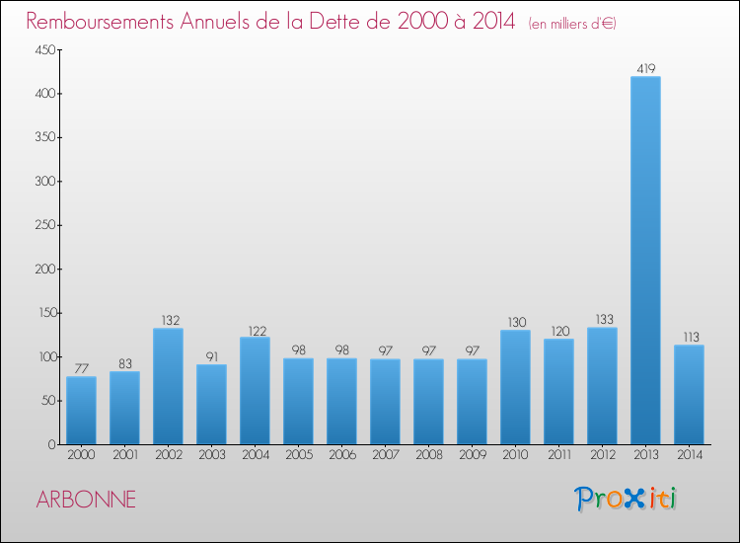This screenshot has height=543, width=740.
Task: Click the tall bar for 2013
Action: pos(645,261)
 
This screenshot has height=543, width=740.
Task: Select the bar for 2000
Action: pos(81,410)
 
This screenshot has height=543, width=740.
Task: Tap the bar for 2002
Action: pos(168,386)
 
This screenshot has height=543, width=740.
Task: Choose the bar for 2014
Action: pos(689,394)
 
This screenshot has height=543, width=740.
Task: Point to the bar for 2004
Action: pos(255,390)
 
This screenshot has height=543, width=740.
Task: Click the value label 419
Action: pos(645,69)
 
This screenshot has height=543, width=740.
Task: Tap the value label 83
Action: pos(124,364)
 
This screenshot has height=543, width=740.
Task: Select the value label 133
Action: pos(602,320)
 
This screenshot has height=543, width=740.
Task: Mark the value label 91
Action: pos(211,357)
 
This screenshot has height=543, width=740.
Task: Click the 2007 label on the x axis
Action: pos(385,456)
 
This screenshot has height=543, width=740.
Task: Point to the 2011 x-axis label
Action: pos(558,456)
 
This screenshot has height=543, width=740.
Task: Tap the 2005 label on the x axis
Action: pos(298,456)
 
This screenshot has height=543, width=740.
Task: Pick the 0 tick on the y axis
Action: pos(48,444)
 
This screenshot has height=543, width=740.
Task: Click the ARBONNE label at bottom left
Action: pos(86,500)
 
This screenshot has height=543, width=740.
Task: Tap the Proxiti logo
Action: pos(625,499)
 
